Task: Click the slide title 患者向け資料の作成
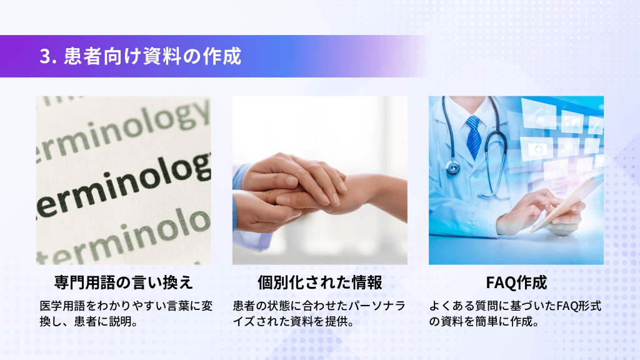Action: (152, 56)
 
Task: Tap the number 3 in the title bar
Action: (46, 56)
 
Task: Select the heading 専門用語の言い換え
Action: (123, 282)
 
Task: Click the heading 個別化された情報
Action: (319, 282)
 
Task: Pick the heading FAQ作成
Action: (516, 282)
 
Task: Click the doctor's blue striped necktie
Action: (474, 137)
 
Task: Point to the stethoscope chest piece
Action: (452, 167)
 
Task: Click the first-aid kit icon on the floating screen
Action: (537, 148)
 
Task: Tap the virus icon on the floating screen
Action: (568, 146)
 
